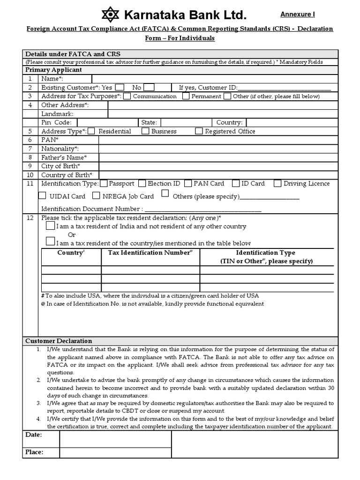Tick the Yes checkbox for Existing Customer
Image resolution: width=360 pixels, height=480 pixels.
click(120, 87)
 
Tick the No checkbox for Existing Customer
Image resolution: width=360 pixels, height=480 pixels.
click(149, 87)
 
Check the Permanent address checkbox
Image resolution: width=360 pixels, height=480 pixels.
click(186, 96)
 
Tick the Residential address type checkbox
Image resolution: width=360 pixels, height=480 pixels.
click(92, 131)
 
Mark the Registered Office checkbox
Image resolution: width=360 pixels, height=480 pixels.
click(199, 131)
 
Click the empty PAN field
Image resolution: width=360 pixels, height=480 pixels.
click(218, 140)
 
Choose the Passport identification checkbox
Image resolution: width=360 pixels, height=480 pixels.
click(104, 183)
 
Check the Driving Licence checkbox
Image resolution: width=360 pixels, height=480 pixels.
click(277, 183)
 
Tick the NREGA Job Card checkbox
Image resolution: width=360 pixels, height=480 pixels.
click(96, 196)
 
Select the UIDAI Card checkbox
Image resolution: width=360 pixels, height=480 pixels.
click(43, 196)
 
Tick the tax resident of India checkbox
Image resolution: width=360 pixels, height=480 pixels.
click(50, 226)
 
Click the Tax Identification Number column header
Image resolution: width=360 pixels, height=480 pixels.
click(150, 253)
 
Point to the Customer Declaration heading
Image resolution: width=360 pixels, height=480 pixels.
click(59, 341)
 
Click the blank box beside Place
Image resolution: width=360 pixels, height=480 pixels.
click(115, 452)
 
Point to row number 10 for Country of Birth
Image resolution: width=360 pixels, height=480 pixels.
click(30, 175)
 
